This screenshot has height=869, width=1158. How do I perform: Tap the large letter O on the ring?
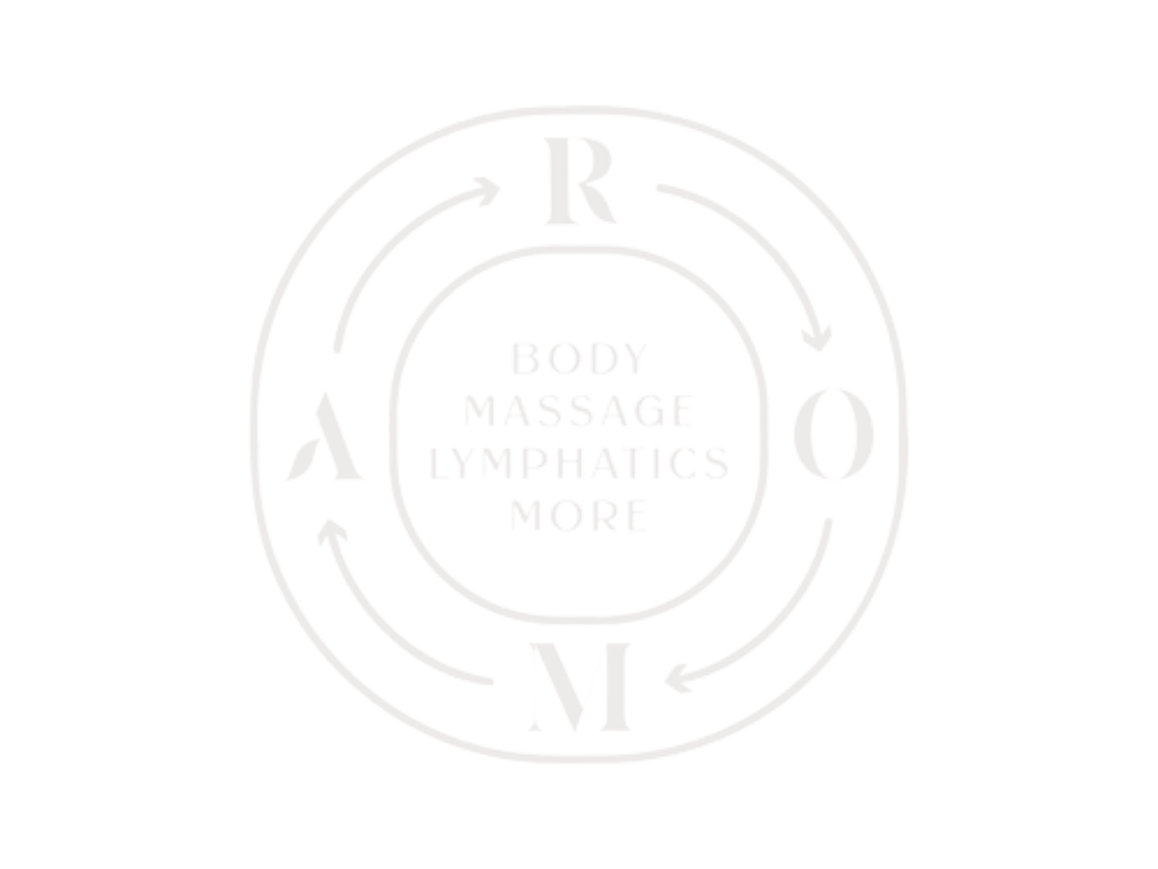(x=834, y=434)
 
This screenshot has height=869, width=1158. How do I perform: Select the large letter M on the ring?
(x=579, y=687)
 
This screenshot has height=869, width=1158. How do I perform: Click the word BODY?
(x=580, y=359)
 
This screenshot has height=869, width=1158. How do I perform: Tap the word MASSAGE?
(x=579, y=410)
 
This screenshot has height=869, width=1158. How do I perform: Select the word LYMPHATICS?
(x=579, y=463)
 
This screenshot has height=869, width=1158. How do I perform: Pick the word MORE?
(x=579, y=515)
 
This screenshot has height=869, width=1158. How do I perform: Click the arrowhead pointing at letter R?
(x=487, y=191)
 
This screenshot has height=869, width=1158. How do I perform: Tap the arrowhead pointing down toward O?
(x=816, y=339)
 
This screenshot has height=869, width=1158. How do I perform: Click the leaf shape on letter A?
(x=303, y=459)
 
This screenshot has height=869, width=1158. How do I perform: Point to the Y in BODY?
(x=636, y=359)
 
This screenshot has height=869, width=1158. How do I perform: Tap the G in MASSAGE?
(x=650, y=410)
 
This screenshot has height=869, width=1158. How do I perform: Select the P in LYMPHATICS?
(x=535, y=463)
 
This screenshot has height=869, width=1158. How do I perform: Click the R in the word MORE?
(x=605, y=515)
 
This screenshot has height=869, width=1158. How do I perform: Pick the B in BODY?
(x=525, y=359)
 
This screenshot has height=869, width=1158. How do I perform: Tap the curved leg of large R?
(x=598, y=204)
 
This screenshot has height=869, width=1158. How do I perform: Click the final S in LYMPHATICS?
(x=718, y=463)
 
